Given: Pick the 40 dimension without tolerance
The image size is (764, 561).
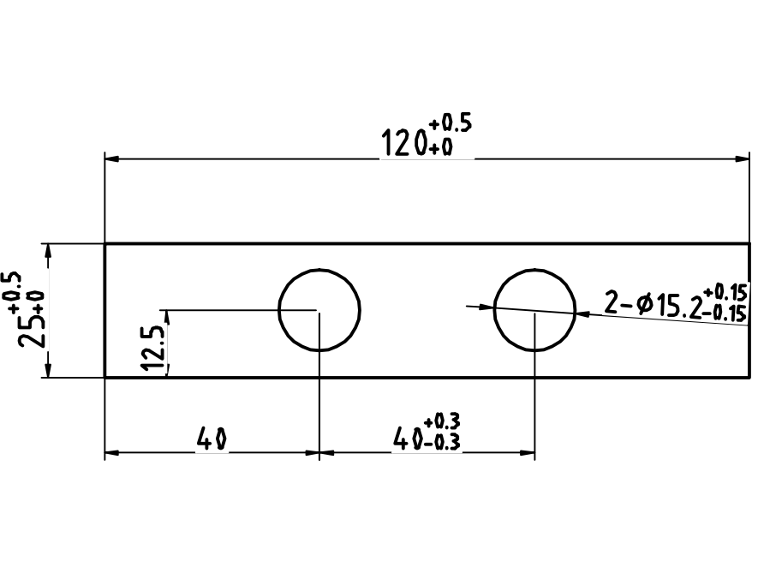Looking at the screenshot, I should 212,440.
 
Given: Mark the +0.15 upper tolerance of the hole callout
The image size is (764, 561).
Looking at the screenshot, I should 725,292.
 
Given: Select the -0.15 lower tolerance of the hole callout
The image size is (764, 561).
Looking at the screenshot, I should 725,312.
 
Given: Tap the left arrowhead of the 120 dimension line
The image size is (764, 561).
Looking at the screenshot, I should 110,158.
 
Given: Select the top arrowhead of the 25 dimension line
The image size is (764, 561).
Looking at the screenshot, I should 48,249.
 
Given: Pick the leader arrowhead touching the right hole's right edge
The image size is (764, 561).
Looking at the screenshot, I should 582,314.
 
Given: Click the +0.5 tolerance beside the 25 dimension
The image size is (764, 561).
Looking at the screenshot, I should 14,288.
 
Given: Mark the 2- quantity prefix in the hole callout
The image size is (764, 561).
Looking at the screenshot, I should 617,302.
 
